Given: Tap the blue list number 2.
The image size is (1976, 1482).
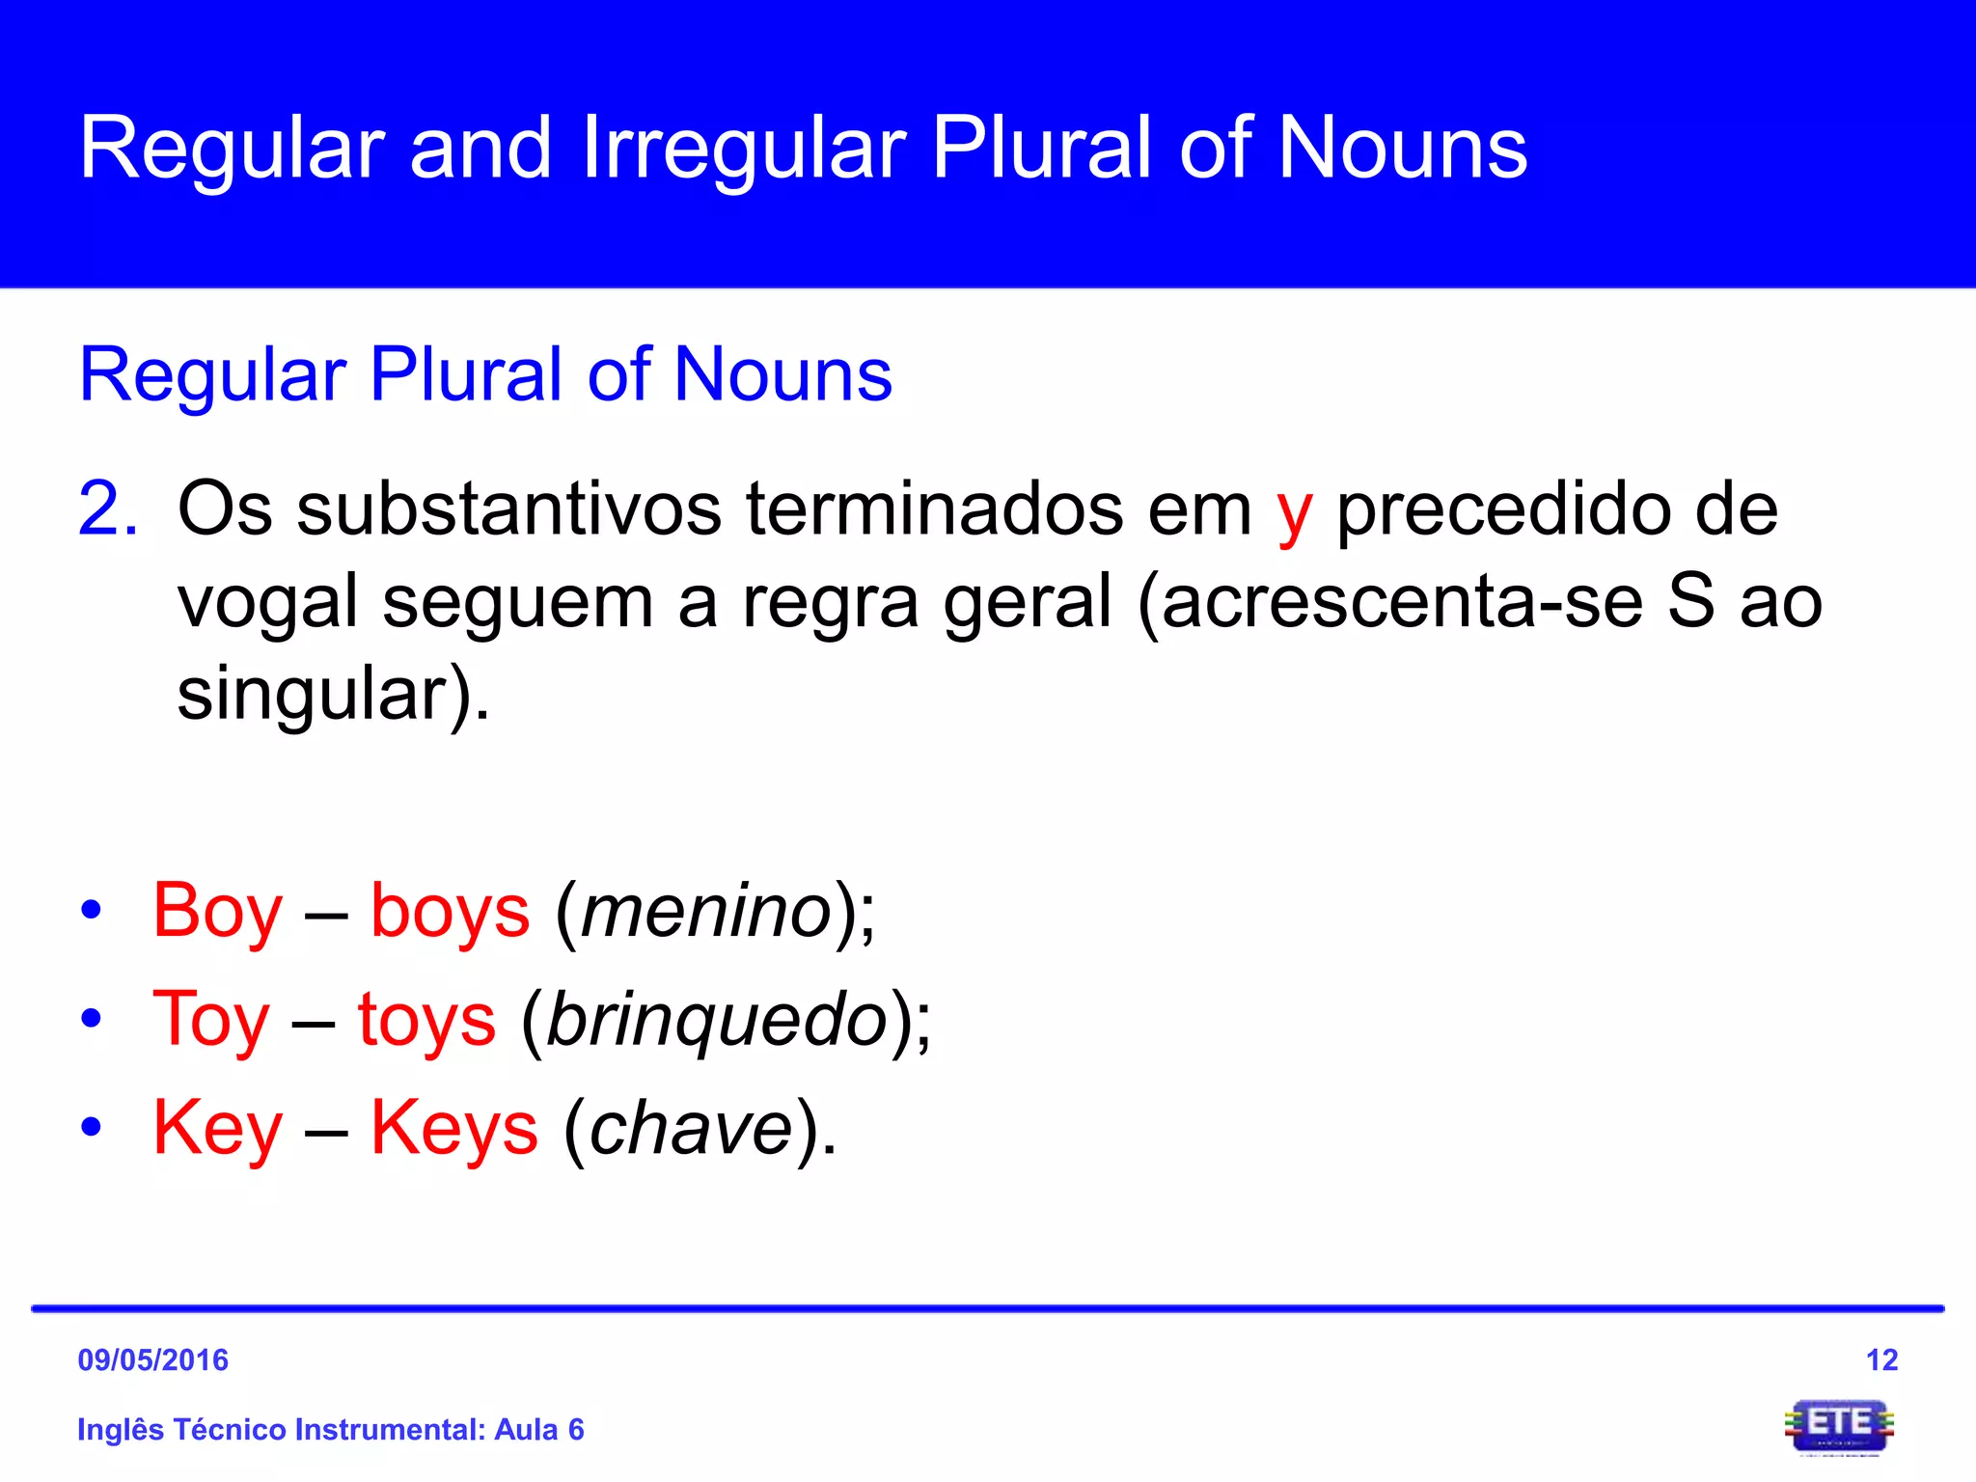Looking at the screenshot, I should point(107,508).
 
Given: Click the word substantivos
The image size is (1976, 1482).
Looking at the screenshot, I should point(508,508).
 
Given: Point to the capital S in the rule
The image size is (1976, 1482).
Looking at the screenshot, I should point(1691,600).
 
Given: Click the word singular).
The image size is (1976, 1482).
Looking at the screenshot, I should point(333,695).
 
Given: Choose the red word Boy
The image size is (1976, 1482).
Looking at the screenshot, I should point(217,912).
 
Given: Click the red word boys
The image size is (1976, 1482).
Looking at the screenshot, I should point(450,912).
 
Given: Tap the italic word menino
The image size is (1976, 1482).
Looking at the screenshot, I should point(706,912).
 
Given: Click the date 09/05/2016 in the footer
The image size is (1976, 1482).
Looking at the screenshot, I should point(152,1359).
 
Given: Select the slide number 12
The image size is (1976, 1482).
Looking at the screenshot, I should point(1881,1359).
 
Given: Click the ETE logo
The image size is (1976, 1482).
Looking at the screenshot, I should point(1839,1426).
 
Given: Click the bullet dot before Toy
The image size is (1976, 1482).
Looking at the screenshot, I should point(91,1018).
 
